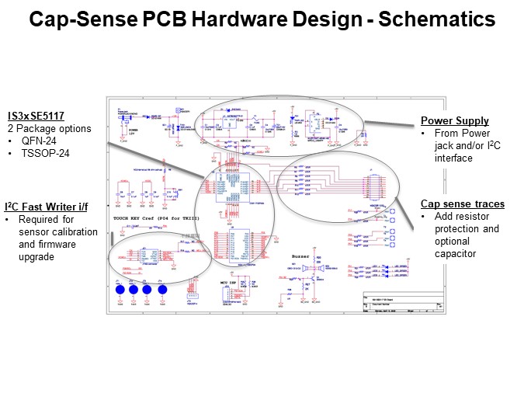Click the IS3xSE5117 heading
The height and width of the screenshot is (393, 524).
click(37, 116)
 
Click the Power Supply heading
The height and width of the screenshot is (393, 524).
click(455, 120)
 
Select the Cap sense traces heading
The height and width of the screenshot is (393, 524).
click(463, 204)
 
